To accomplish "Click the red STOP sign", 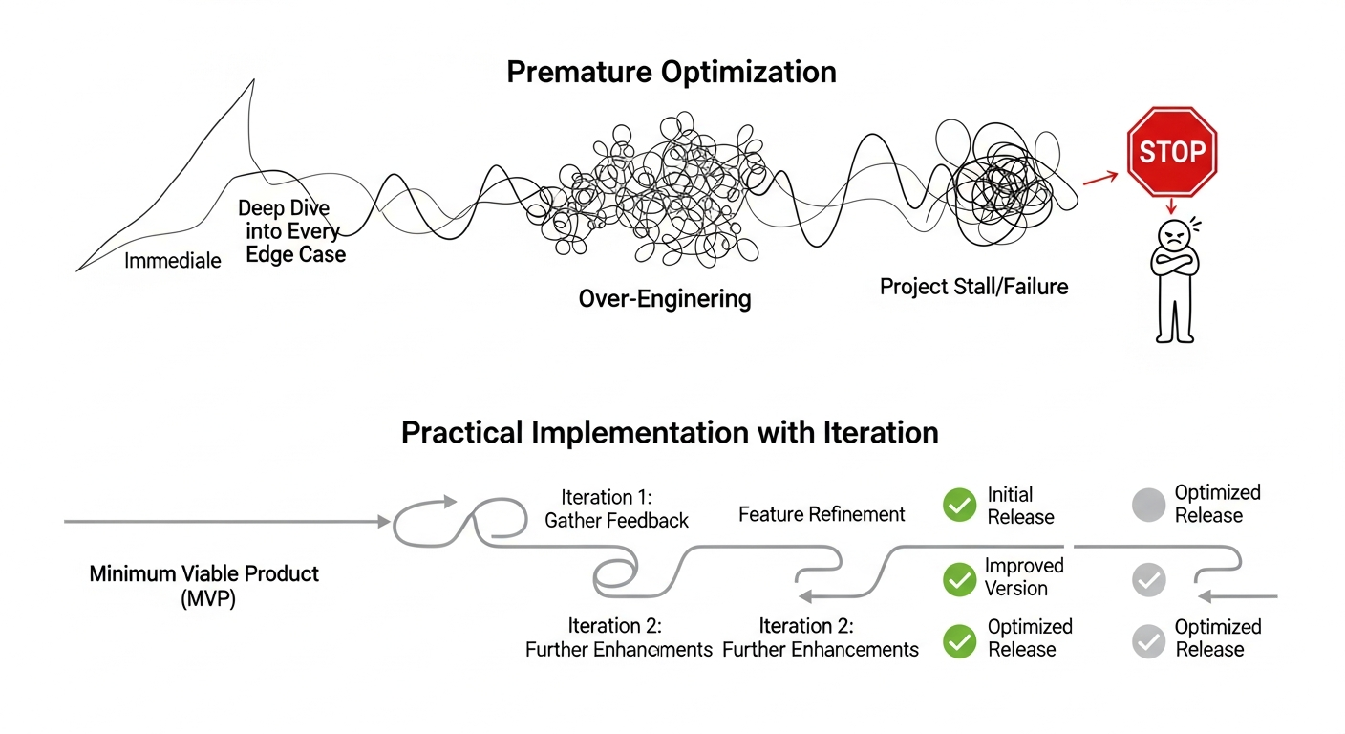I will [x=1172, y=152].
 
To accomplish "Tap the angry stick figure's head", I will [x=1172, y=235].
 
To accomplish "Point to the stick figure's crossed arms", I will [x=1172, y=264].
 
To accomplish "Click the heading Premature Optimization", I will [x=672, y=72].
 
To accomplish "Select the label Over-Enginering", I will [x=665, y=299].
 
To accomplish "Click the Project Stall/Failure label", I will [x=974, y=286].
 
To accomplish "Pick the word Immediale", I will [x=173, y=260].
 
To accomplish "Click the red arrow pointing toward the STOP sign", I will [x=1100, y=177].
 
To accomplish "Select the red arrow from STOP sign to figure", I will [x=1171, y=205].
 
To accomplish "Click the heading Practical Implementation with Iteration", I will [x=670, y=432].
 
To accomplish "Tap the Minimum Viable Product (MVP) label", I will [x=204, y=586].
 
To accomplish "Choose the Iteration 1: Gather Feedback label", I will [x=616, y=508].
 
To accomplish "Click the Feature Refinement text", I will [x=822, y=514].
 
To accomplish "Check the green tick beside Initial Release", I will [x=959, y=506].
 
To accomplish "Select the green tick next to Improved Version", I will [x=959, y=578].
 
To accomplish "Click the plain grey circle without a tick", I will [x=1148, y=505].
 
